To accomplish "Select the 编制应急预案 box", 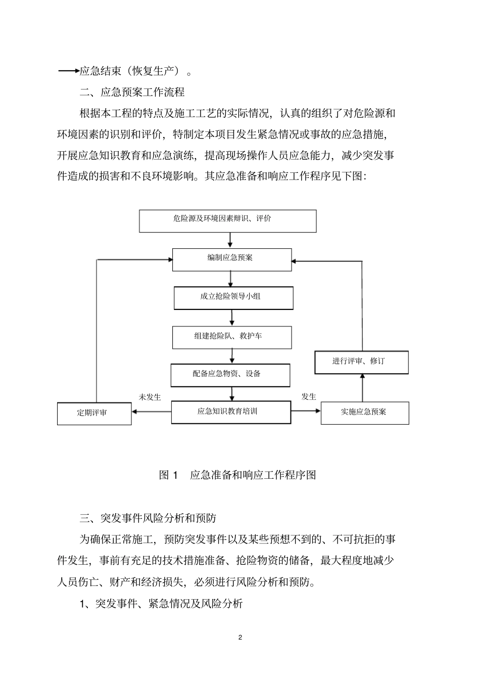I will point(231,259).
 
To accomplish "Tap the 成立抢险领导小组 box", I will point(233,298).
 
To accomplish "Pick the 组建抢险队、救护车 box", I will point(231,337).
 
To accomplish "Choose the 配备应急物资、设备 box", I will point(230,375).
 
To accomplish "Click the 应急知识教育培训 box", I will point(231,412).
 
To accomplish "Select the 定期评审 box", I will point(94,413).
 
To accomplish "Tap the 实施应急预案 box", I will point(364,413).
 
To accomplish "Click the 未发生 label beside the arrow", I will point(150,397).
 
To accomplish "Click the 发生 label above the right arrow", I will point(309,396).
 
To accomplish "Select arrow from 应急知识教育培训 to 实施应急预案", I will point(306,411).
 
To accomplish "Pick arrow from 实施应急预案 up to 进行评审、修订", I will point(362,388).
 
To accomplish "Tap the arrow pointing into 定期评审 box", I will point(151,412).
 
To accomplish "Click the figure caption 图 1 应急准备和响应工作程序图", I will point(237,475).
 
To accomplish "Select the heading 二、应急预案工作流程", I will point(132,92).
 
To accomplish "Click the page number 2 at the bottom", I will point(240,637).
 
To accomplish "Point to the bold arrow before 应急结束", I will point(69,71).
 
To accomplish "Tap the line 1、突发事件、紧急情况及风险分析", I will point(161,603).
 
